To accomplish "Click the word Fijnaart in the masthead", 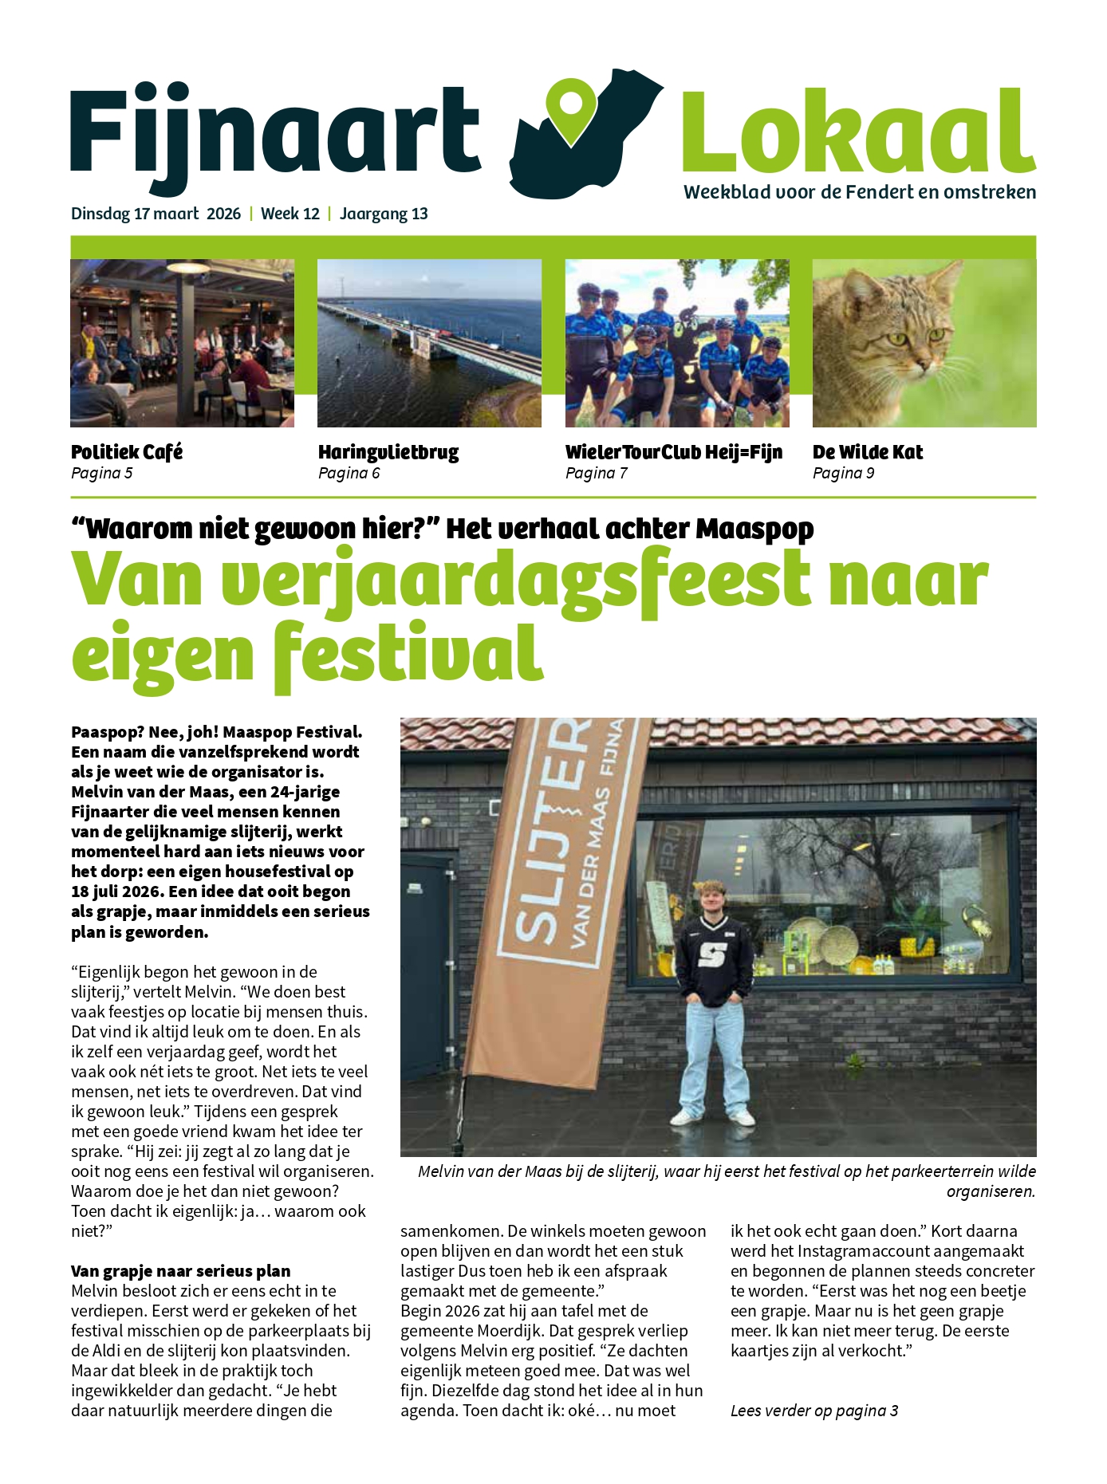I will click(x=275, y=132).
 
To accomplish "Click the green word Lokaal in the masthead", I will click(x=858, y=132).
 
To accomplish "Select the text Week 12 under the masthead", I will click(x=290, y=214).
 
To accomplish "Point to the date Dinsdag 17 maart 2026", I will click(x=156, y=214).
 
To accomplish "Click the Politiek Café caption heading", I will click(x=127, y=452).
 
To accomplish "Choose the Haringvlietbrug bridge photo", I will click(x=429, y=343).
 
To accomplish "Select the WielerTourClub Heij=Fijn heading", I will click(x=674, y=452).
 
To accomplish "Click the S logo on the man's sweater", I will click(x=712, y=954).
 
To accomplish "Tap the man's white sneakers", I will click(x=712, y=1117).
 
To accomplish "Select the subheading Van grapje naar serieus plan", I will click(x=180, y=1271).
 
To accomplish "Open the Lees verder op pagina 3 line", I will click(x=814, y=1411).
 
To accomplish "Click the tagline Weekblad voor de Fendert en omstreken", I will click(x=860, y=192).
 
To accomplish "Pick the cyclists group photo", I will click(x=677, y=343).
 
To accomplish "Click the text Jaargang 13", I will click(x=384, y=214).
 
